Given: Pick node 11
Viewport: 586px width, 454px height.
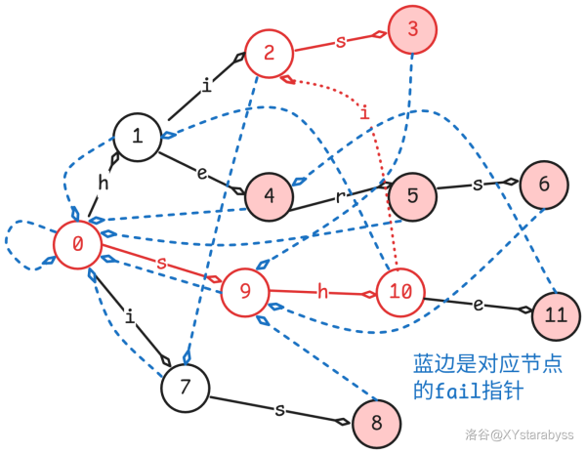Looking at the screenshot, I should pos(556,314).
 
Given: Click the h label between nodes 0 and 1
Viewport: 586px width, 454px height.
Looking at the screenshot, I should pos(103,183).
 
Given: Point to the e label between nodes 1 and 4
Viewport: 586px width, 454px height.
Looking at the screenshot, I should pos(202,175).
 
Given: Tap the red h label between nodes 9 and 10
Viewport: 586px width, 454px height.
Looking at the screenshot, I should pos(321,289).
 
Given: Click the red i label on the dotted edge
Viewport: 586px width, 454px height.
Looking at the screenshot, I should pos(364,114).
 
